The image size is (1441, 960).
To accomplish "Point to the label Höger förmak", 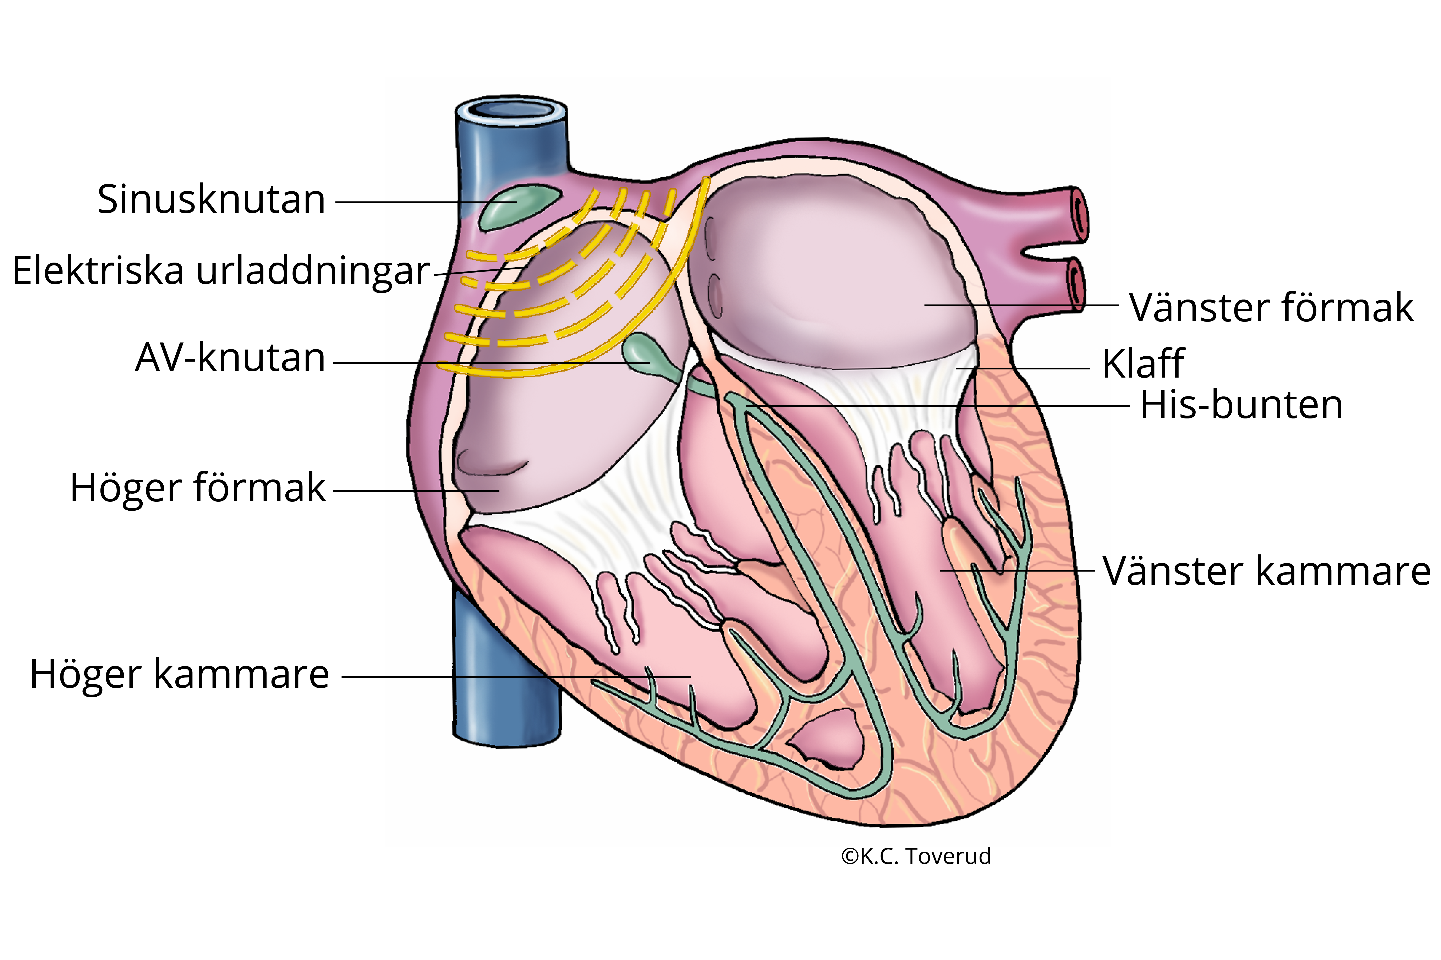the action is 198,488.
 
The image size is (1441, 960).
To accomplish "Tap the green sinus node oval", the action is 520,207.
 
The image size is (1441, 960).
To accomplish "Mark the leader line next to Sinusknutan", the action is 426,202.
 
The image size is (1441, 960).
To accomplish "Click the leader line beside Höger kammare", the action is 516,676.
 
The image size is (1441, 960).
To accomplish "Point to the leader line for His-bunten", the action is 938,406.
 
